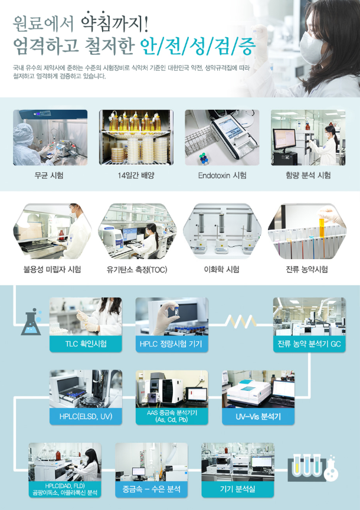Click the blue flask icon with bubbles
31,322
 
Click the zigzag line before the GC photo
241,322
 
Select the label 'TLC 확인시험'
86,344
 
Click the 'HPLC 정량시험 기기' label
171,344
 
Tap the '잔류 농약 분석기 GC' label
309,344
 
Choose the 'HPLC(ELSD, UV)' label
86,416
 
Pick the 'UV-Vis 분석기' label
258,416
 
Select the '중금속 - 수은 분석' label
151,489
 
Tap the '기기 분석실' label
238,489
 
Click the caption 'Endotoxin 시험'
222,176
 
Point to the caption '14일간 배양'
136,176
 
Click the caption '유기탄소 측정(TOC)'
137,270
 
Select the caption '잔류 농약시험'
307,270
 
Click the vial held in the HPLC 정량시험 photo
176,310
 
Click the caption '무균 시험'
49,176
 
